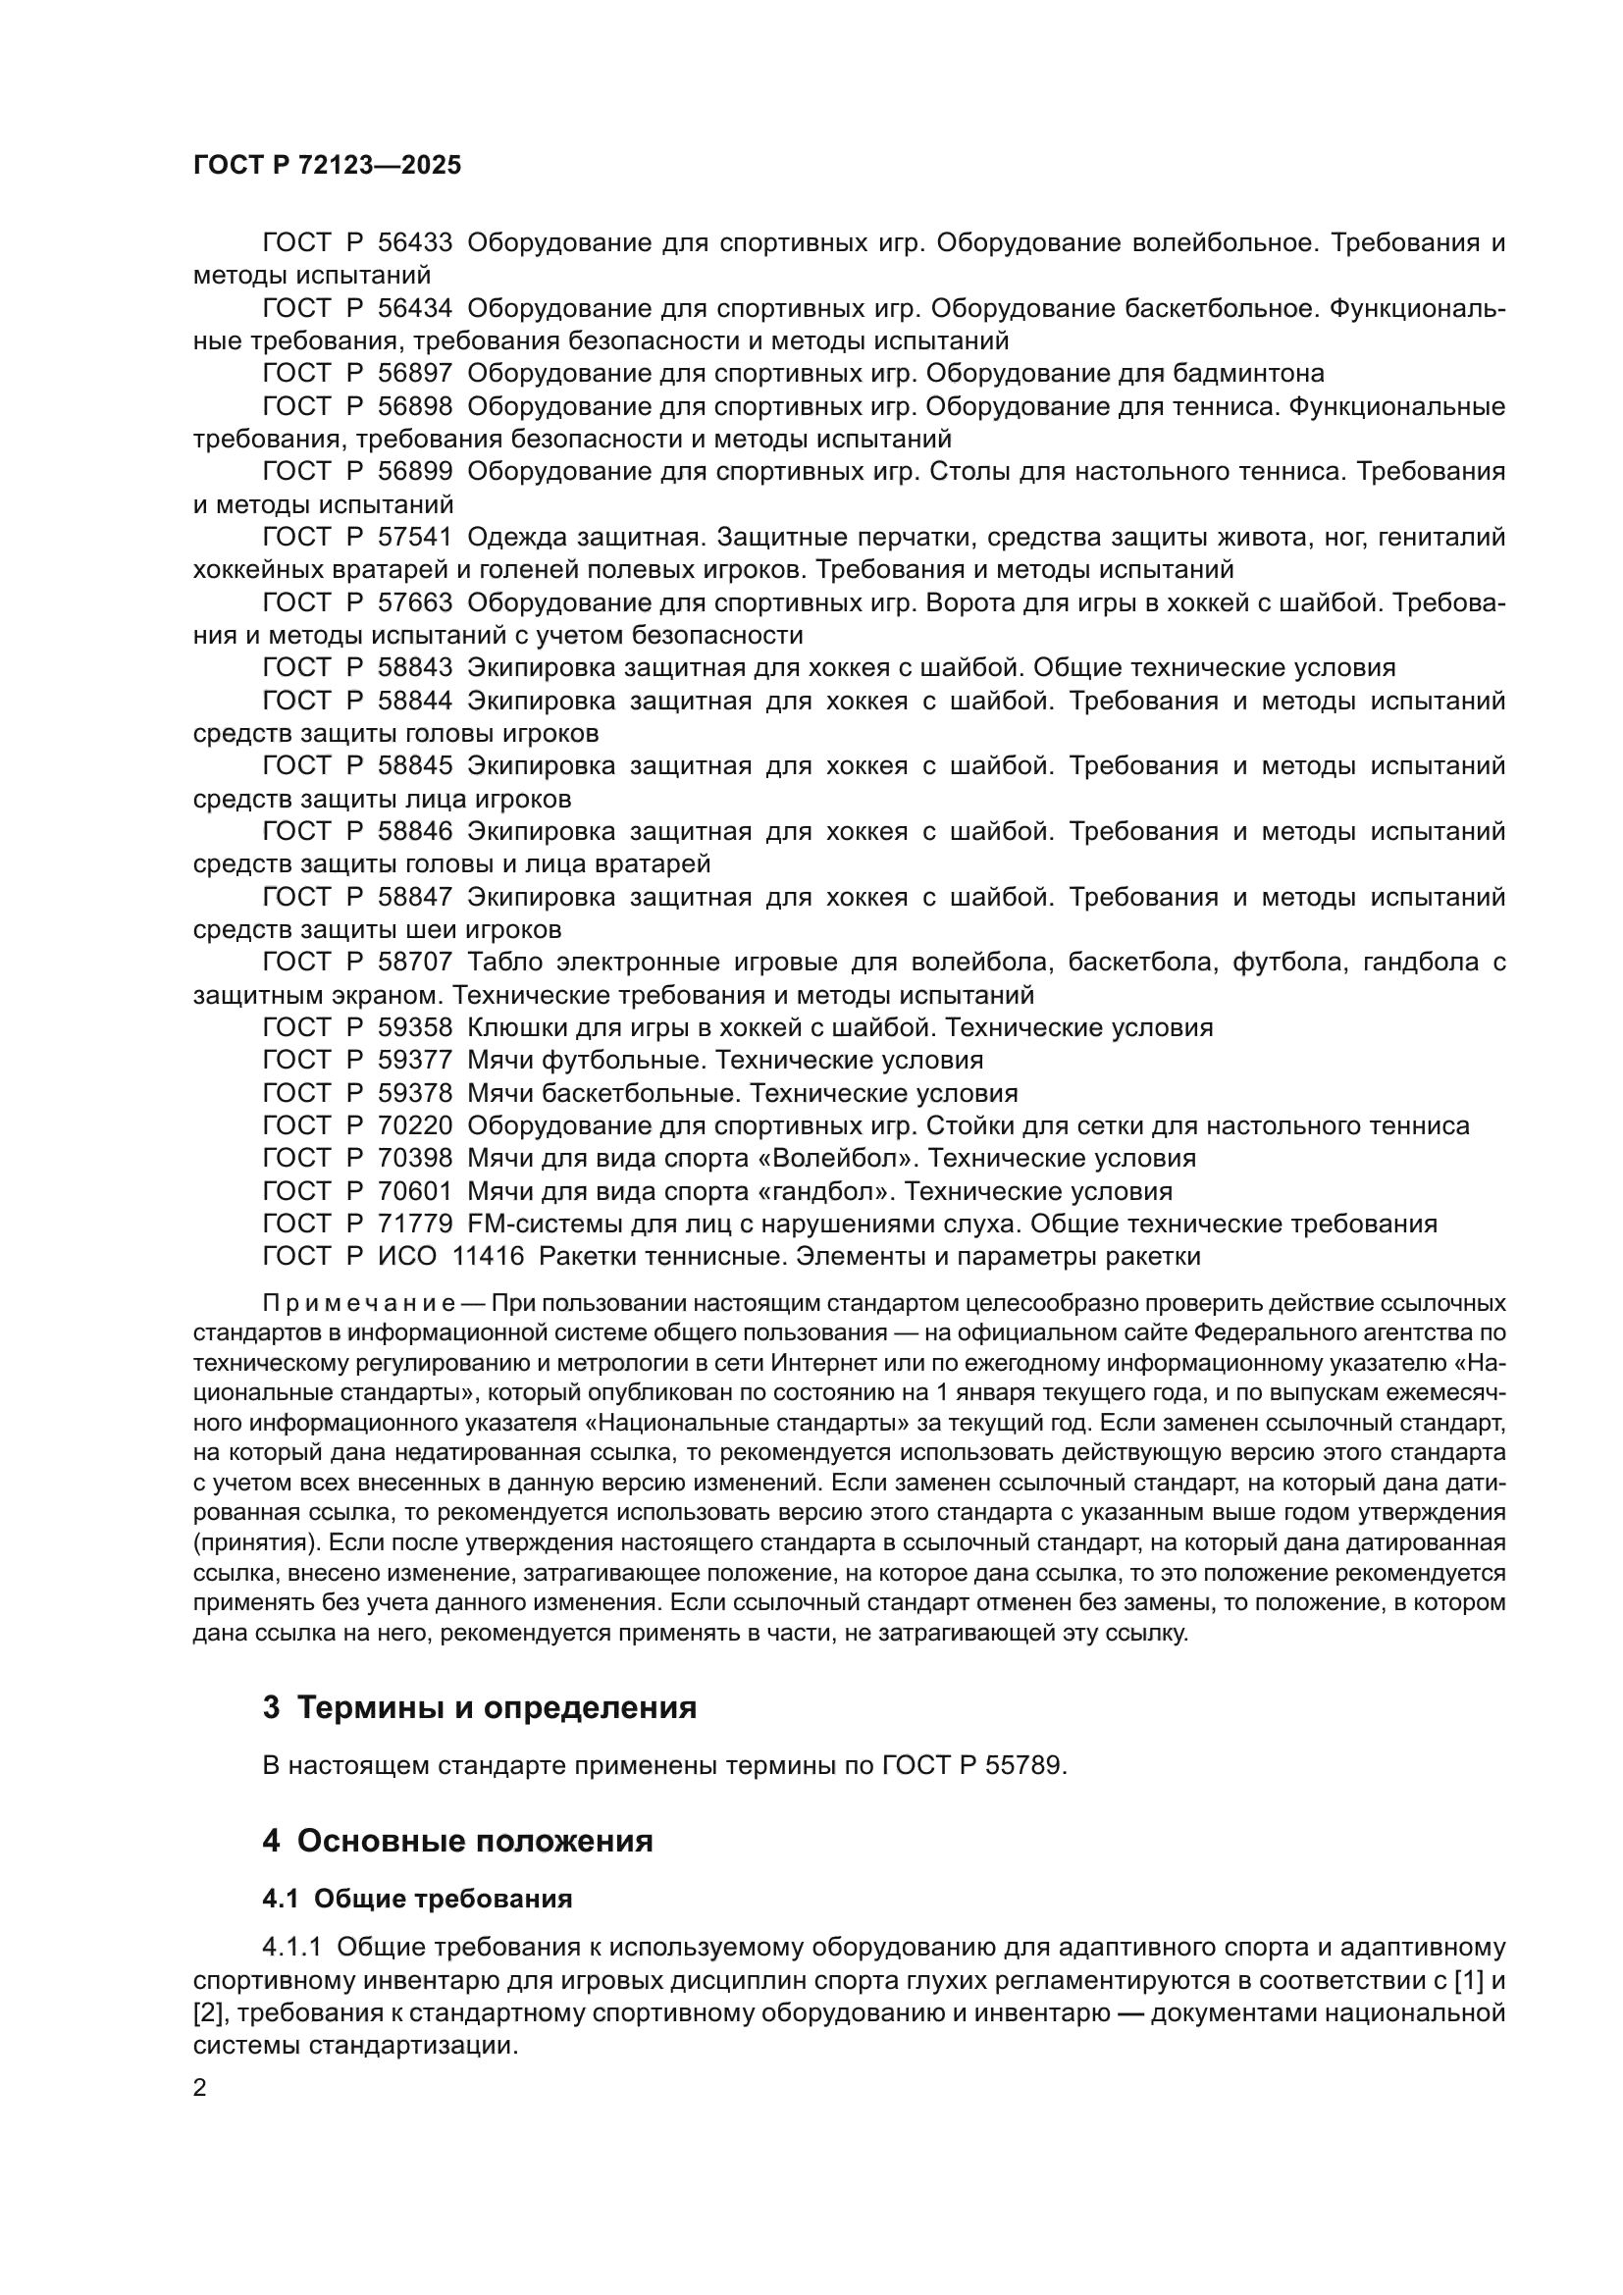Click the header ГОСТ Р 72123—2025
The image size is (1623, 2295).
tap(327, 166)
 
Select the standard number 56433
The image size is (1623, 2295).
tap(415, 243)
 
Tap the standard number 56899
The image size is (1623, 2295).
tap(415, 472)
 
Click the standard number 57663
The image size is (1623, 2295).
tap(415, 602)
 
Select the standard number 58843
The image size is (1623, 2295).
tap(415, 668)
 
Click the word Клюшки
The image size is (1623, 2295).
tap(516, 1027)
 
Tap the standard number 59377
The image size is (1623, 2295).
tap(415, 1060)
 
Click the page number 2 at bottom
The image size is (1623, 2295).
tap(200, 2088)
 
